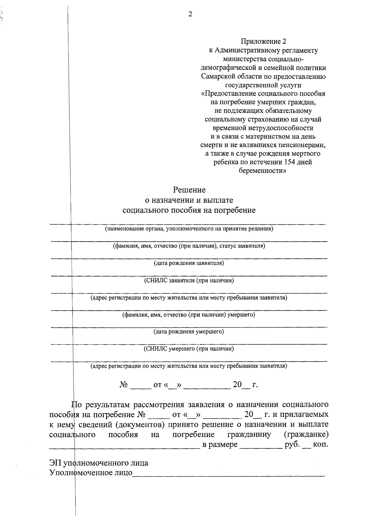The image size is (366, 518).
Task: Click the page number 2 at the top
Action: click(x=190, y=14)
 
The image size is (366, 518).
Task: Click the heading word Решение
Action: click(x=189, y=190)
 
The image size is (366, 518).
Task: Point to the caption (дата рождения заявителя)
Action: click(x=189, y=263)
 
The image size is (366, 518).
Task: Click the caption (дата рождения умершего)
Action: click(x=189, y=331)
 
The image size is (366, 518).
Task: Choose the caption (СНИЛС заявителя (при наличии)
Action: click(x=189, y=280)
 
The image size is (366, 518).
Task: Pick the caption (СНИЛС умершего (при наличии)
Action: click(x=189, y=348)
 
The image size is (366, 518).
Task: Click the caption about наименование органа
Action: click(x=189, y=229)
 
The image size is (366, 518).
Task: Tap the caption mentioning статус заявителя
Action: click(x=189, y=246)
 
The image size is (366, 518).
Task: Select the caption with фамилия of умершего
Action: click(x=189, y=314)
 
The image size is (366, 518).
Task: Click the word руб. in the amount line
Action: click(x=292, y=444)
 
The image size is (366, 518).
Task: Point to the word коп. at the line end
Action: click(x=320, y=444)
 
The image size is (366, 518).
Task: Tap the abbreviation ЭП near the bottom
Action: click(x=55, y=463)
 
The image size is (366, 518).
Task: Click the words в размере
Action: click(x=220, y=444)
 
